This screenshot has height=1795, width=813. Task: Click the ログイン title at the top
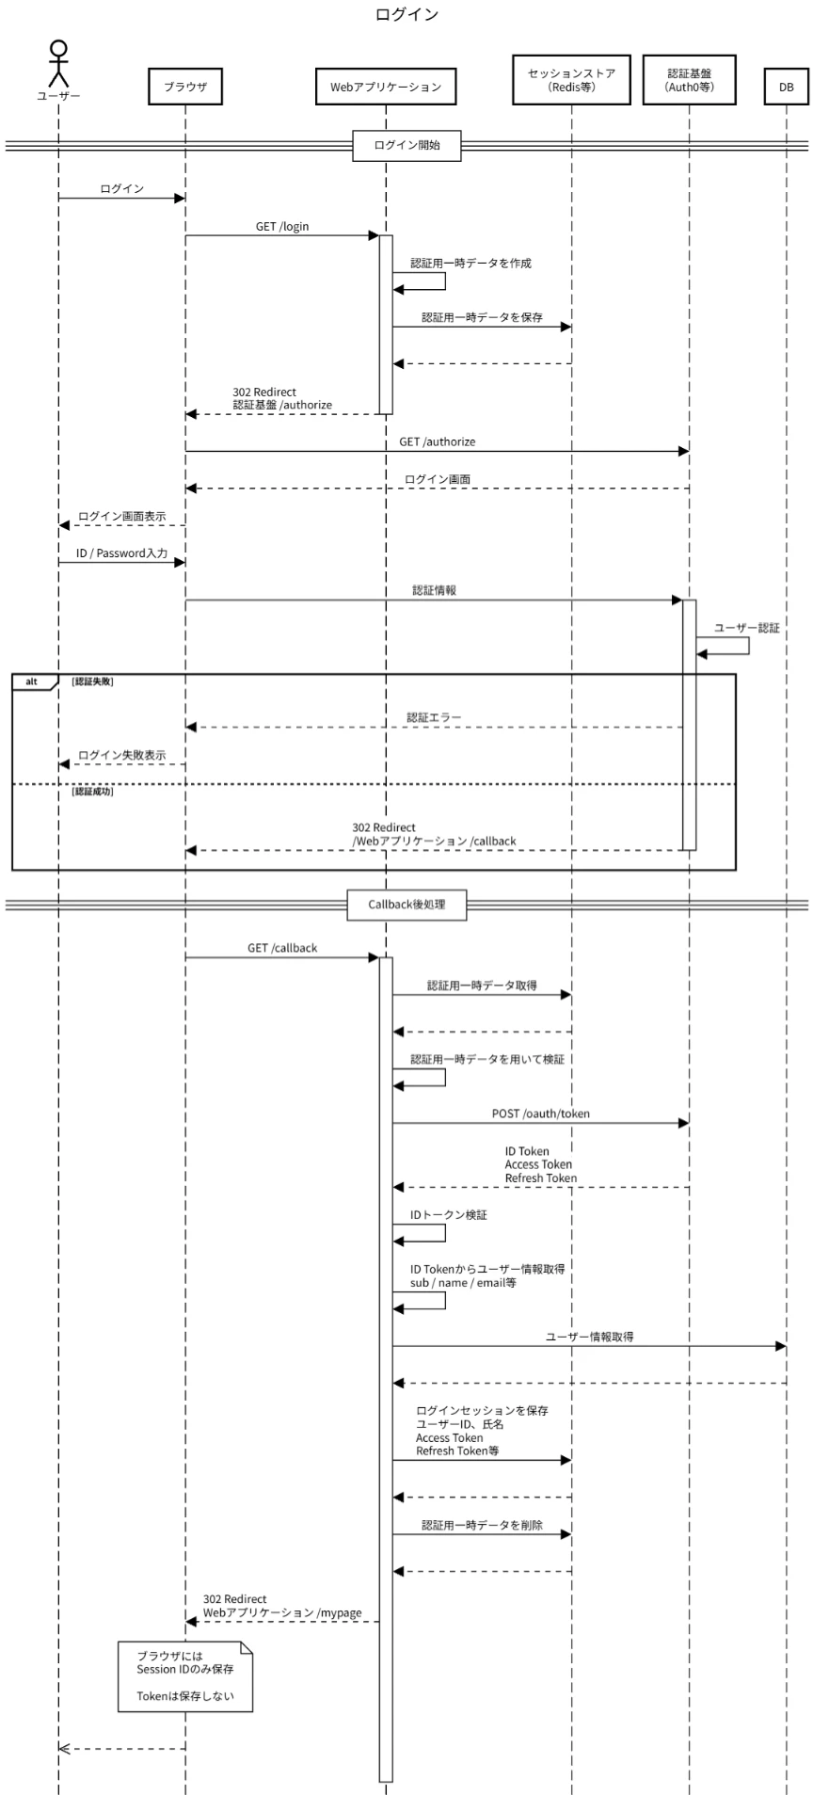pyautogui.click(x=406, y=15)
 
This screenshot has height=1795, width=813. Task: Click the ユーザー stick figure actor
pyautogui.click(x=58, y=63)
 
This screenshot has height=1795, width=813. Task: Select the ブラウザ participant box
pyautogui.click(x=185, y=87)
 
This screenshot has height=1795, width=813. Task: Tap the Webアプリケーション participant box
pyautogui.click(x=386, y=87)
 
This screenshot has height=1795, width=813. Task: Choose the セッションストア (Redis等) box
pyautogui.click(x=571, y=79)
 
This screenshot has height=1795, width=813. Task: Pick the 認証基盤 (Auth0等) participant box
pyautogui.click(x=689, y=79)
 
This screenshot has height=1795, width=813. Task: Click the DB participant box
pyautogui.click(x=787, y=87)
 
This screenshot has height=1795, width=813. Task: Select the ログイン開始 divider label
pyautogui.click(x=406, y=145)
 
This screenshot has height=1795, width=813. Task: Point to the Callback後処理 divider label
pyautogui.click(x=406, y=905)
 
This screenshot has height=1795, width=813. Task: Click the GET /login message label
pyautogui.click(x=282, y=227)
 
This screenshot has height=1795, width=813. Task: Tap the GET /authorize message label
pyautogui.click(x=438, y=441)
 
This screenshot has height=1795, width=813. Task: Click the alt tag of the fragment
pyautogui.click(x=32, y=681)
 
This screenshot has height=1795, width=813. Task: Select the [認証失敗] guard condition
pyautogui.click(x=92, y=681)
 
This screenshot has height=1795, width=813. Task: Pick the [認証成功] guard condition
pyautogui.click(x=92, y=792)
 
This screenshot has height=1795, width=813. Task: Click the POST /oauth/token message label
pyautogui.click(x=541, y=1114)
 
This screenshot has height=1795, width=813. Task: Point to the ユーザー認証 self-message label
pyautogui.click(x=747, y=628)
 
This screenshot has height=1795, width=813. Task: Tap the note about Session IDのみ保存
pyautogui.click(x=185, y=1676)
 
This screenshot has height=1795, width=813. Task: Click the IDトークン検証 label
pyautogui.click(x=449, y=1215)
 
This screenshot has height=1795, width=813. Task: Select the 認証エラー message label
pyautogui.click(x=434, y=717)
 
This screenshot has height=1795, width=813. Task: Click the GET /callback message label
pyautogui.click(x=282, y=948)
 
